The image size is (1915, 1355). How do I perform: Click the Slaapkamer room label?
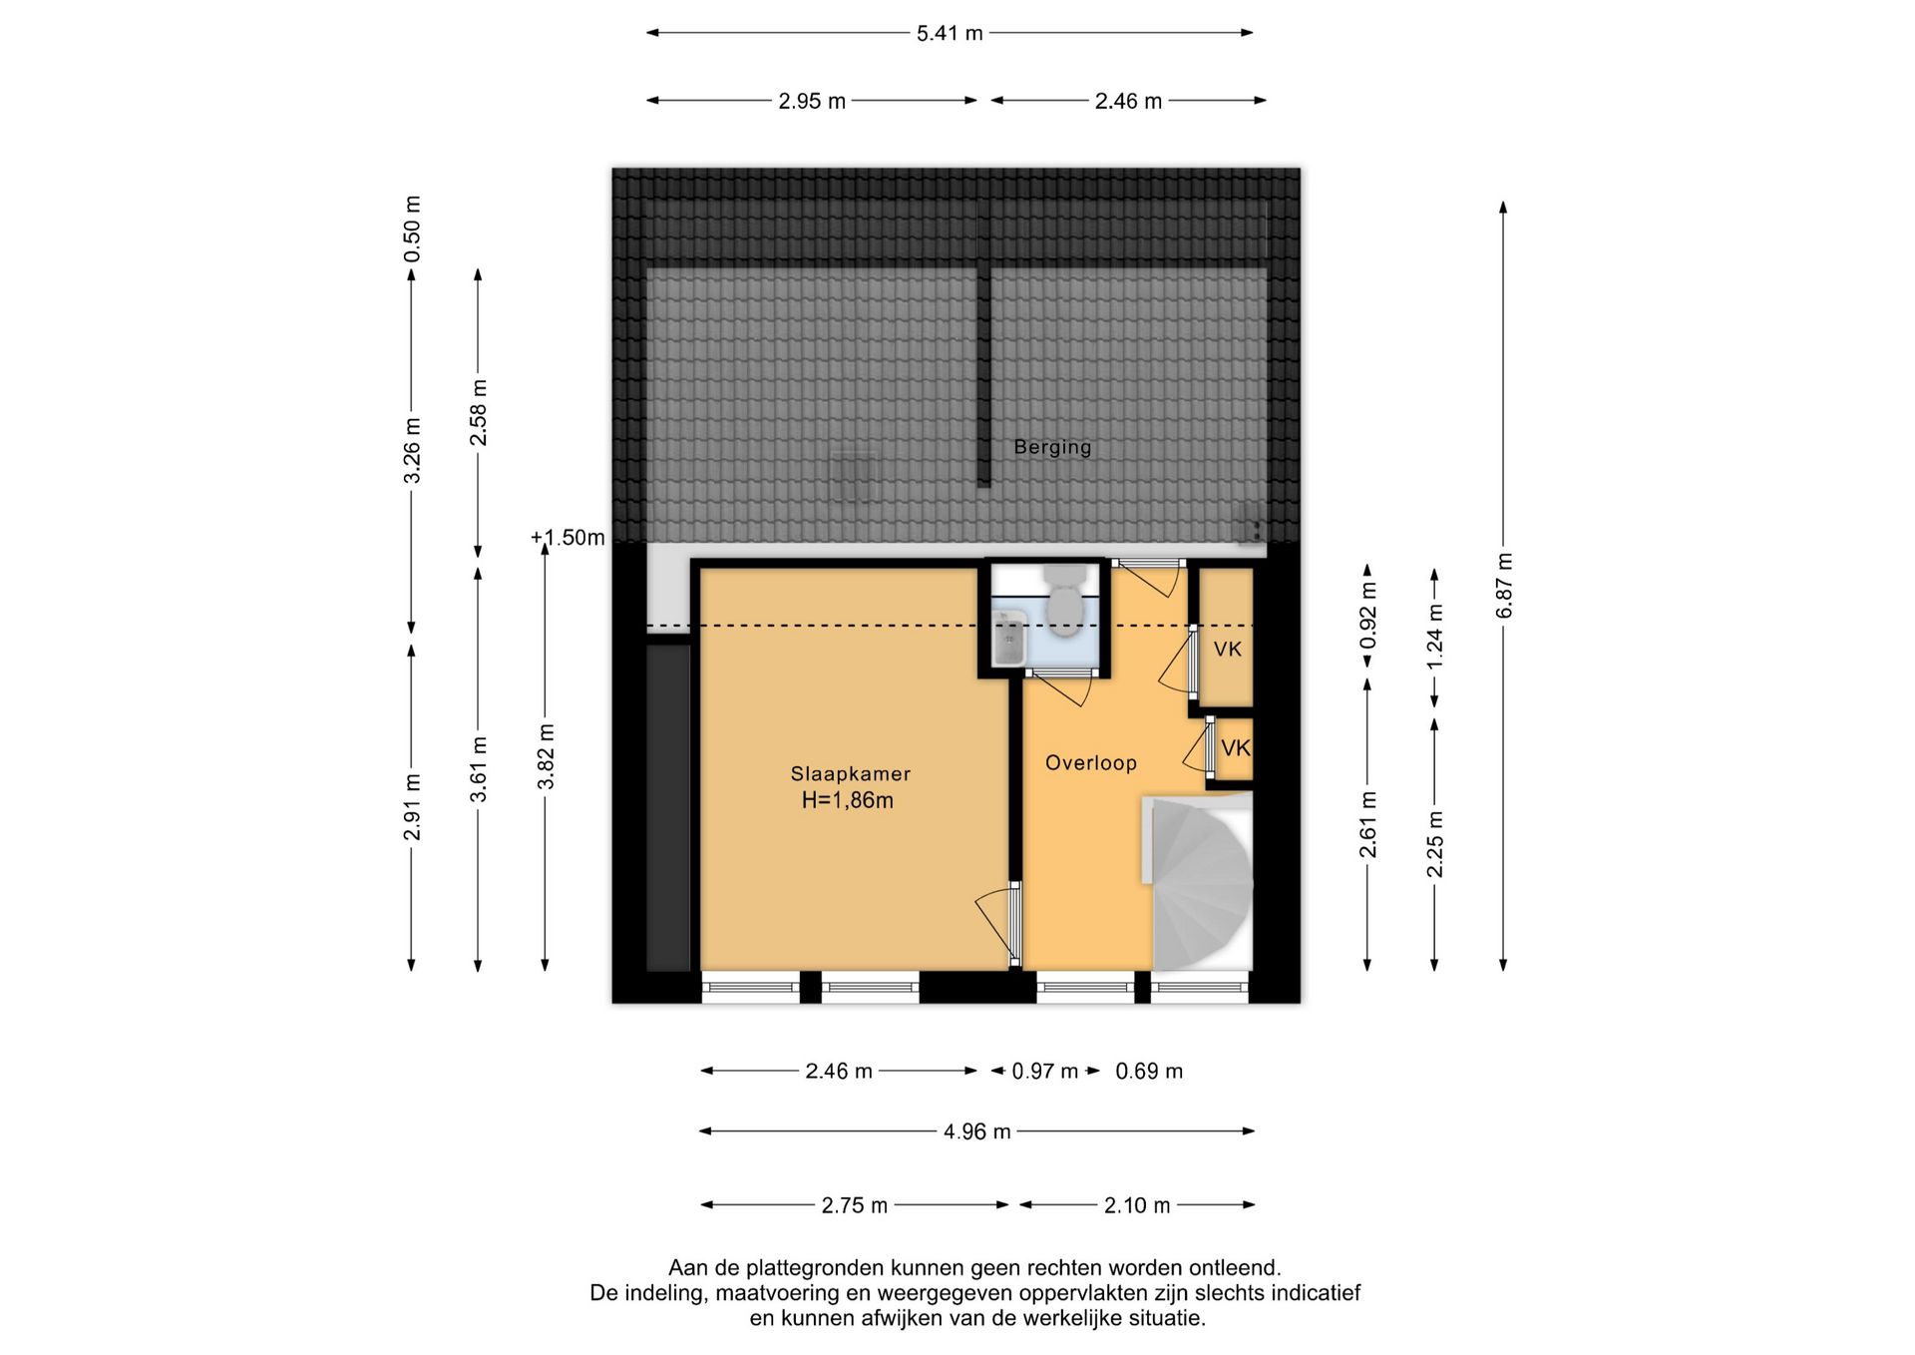pyautogui.click(x=850, y=773)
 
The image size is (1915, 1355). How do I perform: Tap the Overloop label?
pyautogui.click(x=1090, y=763)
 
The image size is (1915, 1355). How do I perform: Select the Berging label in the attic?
pyautogui.click(x=1052, y=447)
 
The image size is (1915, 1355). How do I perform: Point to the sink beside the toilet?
pyautogui.click(x=1009, y=638)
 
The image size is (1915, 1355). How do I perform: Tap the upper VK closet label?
pyautogui.click(x=1227, y=650)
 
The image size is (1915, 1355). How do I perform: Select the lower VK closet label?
pyautogui.click(x=1236, y=748)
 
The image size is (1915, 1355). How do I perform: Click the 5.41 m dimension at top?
pyautogui.click(x=950, y=33)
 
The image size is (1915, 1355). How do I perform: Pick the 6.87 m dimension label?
pyautogui.click(x=1504, y=585)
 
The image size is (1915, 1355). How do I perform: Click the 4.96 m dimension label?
pyautogui.click(x=977, y=1131)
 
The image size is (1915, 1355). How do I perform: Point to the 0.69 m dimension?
pyautogui.click(x=1149, y=1072)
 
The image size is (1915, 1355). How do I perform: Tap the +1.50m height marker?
pyautogui.click(x=568, y=538)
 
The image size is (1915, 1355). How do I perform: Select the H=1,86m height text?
pyautogui.click(x=848, y=800)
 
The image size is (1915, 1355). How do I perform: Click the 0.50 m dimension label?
pyautogui.click(x=412, y=229)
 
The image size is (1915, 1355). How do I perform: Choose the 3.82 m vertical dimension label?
pyautogui.click(x=546, y=756)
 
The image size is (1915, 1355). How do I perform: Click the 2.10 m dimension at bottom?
pyautogui.click(x=1137, y=1205)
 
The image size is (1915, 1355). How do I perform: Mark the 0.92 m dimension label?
pyautogui.click(x=1368, y=615)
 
